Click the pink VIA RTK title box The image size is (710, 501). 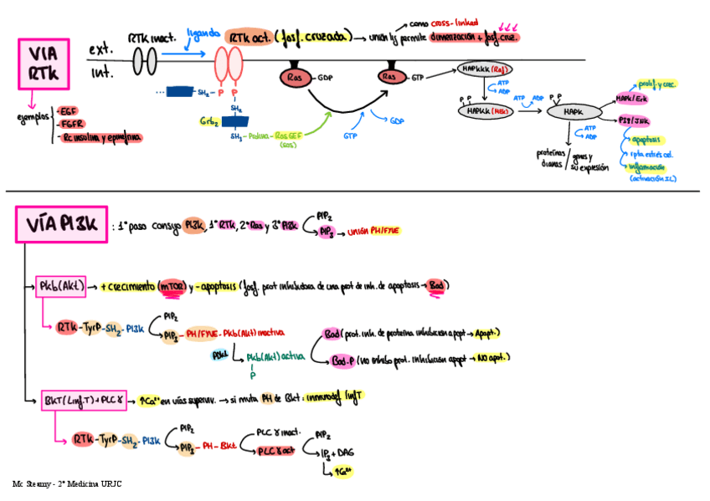[x=44, y=64]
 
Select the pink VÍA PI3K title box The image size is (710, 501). [x=61, y=225]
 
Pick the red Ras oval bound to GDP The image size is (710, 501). [x=296, y=78]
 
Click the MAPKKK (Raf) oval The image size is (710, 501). [x=485, y=69]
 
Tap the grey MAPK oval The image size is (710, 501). [x=574, y=110]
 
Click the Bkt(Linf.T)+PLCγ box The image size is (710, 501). [x=84, y=399]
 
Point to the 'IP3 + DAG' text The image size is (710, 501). [x=338, y=452]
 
